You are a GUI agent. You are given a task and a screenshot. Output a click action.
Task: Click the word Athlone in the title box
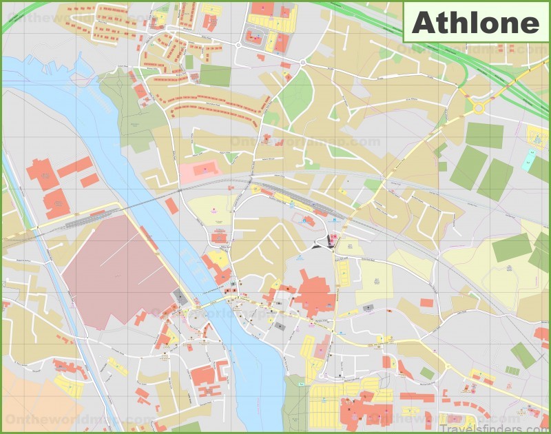click(475, 23)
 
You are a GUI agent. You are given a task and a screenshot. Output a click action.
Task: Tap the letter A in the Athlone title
click(422, 23)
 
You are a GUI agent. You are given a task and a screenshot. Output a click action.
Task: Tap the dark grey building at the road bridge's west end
click(180, 297)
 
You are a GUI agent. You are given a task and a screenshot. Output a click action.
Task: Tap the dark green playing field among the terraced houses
click(215, 75)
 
